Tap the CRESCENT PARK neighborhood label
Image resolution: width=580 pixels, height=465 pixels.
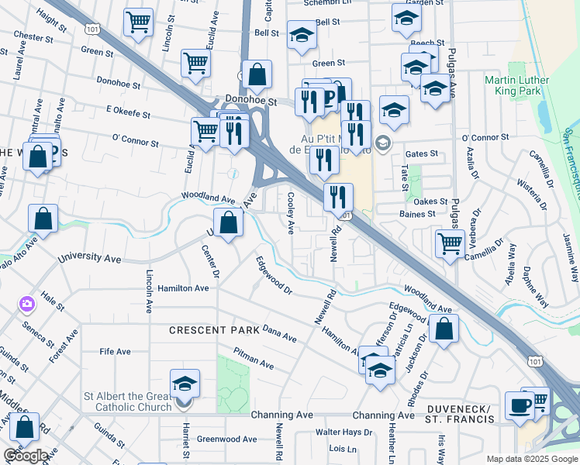pos(215,330)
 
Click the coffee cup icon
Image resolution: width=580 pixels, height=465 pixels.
pos(519,405)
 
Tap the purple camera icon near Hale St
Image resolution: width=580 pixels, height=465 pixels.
pos(27,304)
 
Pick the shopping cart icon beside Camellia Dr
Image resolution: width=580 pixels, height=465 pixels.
pos(450,243)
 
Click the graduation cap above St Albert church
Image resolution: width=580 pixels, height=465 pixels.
pos(185,383)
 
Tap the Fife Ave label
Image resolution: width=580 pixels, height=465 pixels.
pos(115,351)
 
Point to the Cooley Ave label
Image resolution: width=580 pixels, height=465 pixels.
pos(291,214)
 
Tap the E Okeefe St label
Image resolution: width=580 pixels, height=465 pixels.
pos(128,113)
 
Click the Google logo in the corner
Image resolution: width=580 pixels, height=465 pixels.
pos(26,456)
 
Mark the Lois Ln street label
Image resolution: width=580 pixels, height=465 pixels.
pos(342,449)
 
